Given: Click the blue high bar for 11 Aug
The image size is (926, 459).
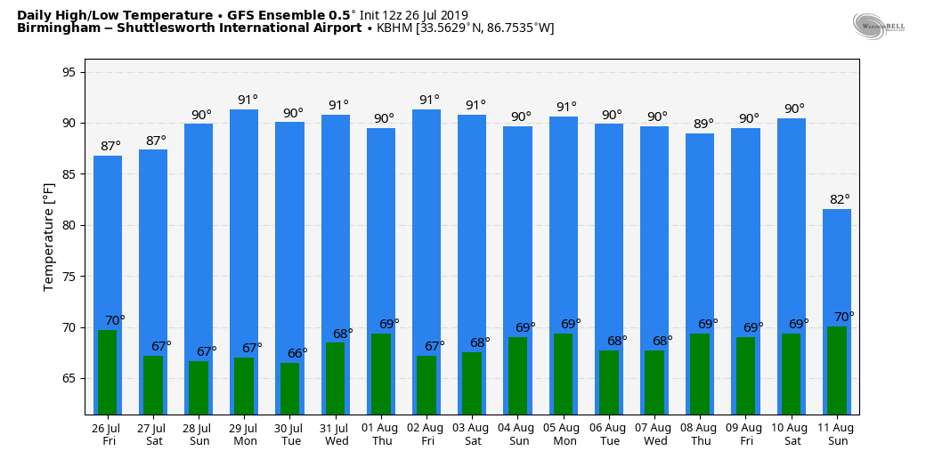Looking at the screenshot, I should [836, 267].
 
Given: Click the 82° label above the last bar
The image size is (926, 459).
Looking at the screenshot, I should [840, 199].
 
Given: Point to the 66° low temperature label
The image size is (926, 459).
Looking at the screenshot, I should [297, 353].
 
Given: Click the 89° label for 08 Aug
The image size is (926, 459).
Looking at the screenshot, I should [703, 124].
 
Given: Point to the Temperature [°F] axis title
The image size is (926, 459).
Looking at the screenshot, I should [49, 237].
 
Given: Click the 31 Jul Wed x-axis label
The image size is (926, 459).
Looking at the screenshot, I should [336, 434].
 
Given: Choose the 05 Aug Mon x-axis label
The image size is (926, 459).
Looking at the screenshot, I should [564, 434].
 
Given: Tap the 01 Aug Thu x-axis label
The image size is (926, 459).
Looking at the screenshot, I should [381, 434].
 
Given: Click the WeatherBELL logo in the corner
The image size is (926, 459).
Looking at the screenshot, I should [878, 26].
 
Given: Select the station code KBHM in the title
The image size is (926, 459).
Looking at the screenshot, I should [394, 28].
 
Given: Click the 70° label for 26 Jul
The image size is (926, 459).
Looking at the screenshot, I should [115, 320].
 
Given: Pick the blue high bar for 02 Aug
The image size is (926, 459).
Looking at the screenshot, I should [426, 222].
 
